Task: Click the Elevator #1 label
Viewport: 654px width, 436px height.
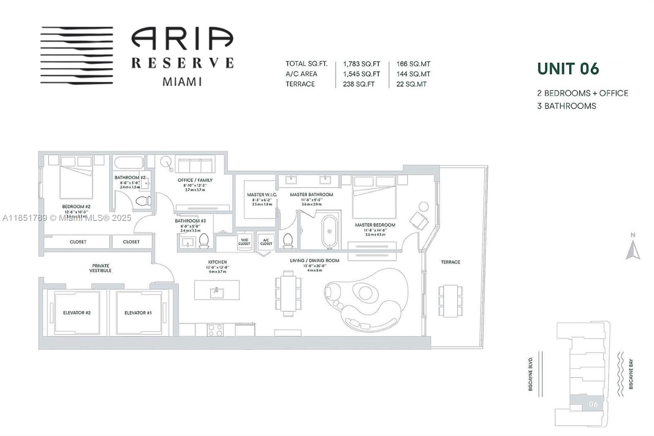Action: click(x=138, y=313)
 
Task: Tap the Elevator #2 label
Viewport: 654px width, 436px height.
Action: click(x=77, y=313)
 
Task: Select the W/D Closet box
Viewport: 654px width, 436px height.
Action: click(x=244, y=241)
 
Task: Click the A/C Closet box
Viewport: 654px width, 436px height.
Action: click(x=266, y=241)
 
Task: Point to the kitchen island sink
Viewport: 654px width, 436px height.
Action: click(x=216, y=291)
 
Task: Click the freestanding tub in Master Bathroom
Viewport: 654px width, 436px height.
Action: click(x=329, y=231)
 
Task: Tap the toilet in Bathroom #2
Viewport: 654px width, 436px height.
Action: click(x=143, y=201)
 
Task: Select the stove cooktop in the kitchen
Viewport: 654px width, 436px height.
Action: click(x=215, y=330)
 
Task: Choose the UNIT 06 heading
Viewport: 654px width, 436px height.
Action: click(x=568, y=69)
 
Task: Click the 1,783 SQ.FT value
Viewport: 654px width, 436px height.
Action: click(x=361, y=64)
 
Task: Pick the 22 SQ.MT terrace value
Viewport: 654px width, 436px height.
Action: click(x=411, y=84)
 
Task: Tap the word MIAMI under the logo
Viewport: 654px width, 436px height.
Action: click(x=182, y=81)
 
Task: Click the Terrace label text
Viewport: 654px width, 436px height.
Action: click(x=450, y=262)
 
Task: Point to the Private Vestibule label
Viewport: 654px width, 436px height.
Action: click(x=101, y=268)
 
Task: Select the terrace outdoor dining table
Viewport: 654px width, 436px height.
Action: click(x=450, y=301)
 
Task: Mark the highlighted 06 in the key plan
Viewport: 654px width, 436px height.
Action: click(x=593, y=404)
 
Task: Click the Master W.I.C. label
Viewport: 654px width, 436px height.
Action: click(x=262, y=195)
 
